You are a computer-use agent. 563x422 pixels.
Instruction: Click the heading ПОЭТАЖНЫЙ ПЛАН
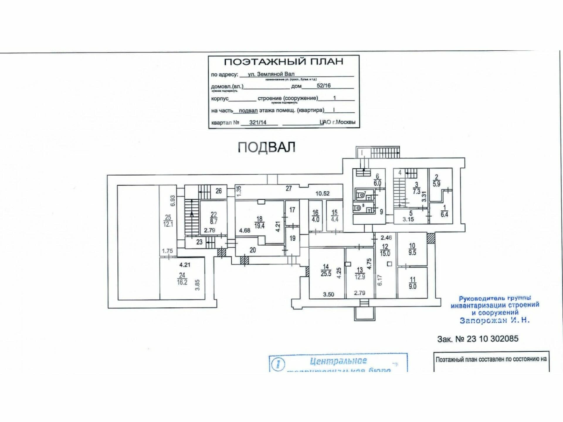click(283, 62)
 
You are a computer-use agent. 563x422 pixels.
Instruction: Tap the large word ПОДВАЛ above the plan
click(266, 147)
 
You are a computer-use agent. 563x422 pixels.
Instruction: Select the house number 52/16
click(323, 86)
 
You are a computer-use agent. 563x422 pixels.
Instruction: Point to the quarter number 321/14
click(258, 122)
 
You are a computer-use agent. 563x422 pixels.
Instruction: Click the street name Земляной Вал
click(271, 74)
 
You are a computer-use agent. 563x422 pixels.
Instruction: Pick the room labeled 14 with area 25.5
click(326, 270)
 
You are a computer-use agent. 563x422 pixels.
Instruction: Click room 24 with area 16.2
click(182, 279)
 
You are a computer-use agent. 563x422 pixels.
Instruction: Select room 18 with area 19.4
click(259, 222)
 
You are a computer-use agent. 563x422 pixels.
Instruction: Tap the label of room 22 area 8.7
click(213, 218)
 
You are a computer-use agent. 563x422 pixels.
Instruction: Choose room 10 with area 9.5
click(412, 249)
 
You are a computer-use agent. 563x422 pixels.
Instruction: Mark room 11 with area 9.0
click(412, 283)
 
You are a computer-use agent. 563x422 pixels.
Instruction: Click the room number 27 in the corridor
click(289, 188)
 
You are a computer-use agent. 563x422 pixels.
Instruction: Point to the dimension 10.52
click(322, 193)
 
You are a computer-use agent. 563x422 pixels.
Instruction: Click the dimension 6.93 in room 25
click(172, 201)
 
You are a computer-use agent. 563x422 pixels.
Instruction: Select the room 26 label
click(218, 191)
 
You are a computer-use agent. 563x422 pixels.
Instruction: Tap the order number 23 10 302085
click(492, 339)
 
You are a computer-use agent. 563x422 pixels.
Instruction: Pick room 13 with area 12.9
click(360, 273)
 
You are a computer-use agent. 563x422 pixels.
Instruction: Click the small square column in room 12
click(389, 264)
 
